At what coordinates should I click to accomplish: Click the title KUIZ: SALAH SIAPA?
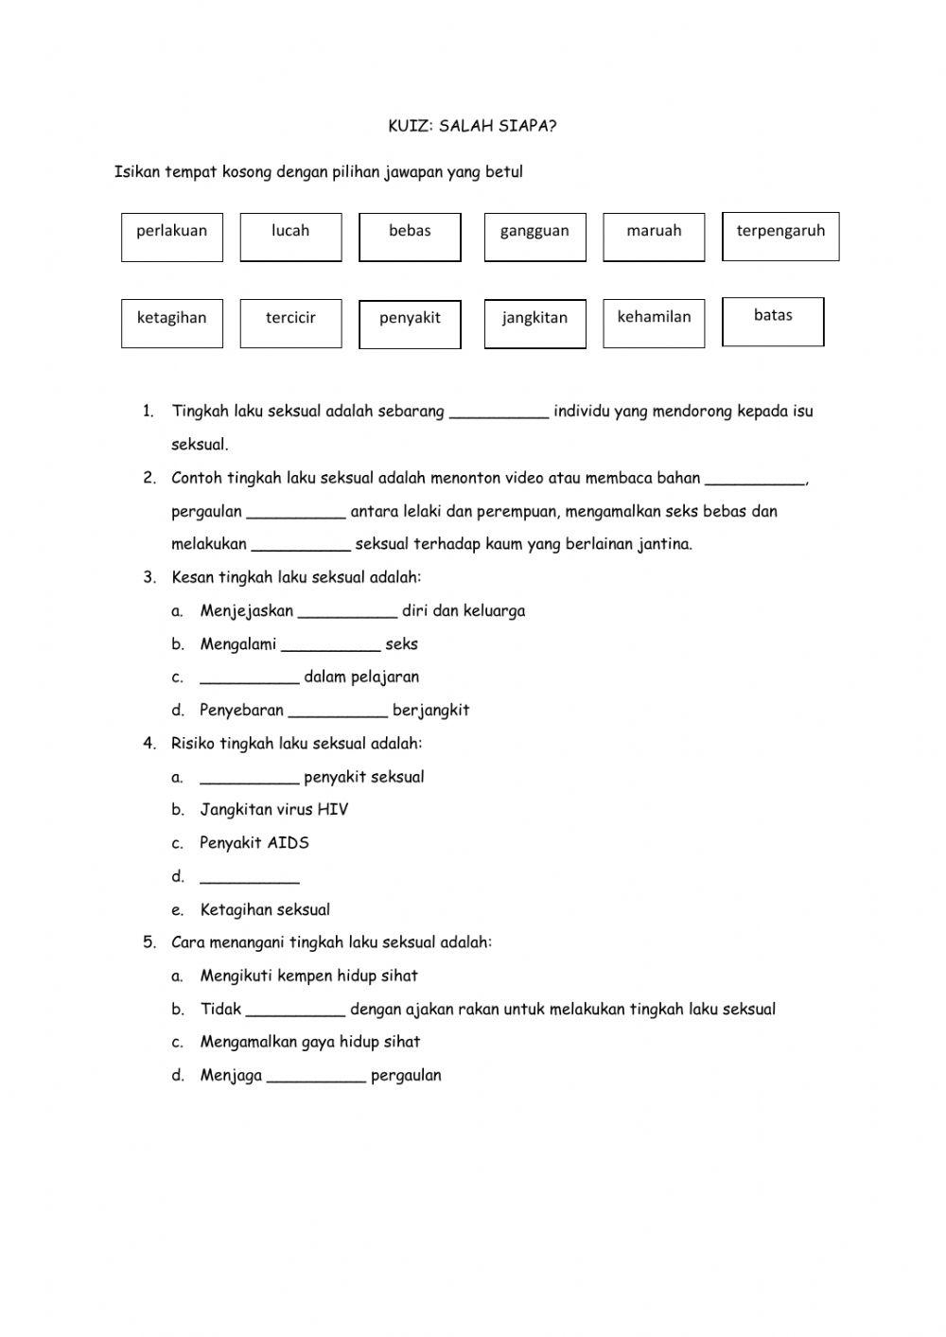[472, 126]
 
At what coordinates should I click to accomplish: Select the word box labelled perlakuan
[171, 237]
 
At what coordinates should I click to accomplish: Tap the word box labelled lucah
[290, 237]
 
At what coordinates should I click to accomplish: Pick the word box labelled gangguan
[534, 237]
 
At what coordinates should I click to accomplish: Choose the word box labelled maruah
[654, 237]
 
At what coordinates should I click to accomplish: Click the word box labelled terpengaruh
[780, 237]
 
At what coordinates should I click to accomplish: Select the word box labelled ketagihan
[171, 324]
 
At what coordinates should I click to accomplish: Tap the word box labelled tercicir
[290, 324]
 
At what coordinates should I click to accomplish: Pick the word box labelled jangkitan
[534, 324]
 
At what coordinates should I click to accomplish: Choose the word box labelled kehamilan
[654, 324]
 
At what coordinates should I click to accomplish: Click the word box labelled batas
[773, 322]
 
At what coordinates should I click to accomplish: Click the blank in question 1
[499, 412]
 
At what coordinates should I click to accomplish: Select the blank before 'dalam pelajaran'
[249, 677]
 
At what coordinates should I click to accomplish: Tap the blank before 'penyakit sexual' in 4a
[249, 778]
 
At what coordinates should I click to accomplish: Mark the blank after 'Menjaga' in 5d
[316, 1076]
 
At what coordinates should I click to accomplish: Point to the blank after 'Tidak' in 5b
[295, 1010]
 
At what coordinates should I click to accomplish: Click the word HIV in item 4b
[333, 810]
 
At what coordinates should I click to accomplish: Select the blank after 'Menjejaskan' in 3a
[347, 611]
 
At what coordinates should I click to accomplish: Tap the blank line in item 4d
[249, 877]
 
